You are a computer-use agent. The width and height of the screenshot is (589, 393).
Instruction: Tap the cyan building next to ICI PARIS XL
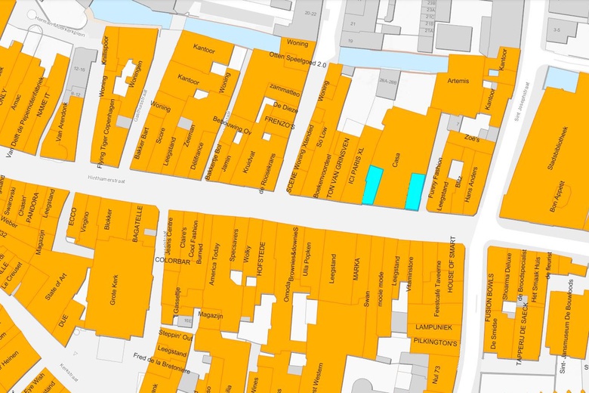(372, 186)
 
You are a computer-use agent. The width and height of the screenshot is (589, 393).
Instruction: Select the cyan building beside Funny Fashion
(415, 191)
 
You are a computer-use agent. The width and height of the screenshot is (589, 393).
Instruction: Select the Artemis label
(458, 81)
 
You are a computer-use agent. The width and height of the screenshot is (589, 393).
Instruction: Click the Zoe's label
(472, 139)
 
